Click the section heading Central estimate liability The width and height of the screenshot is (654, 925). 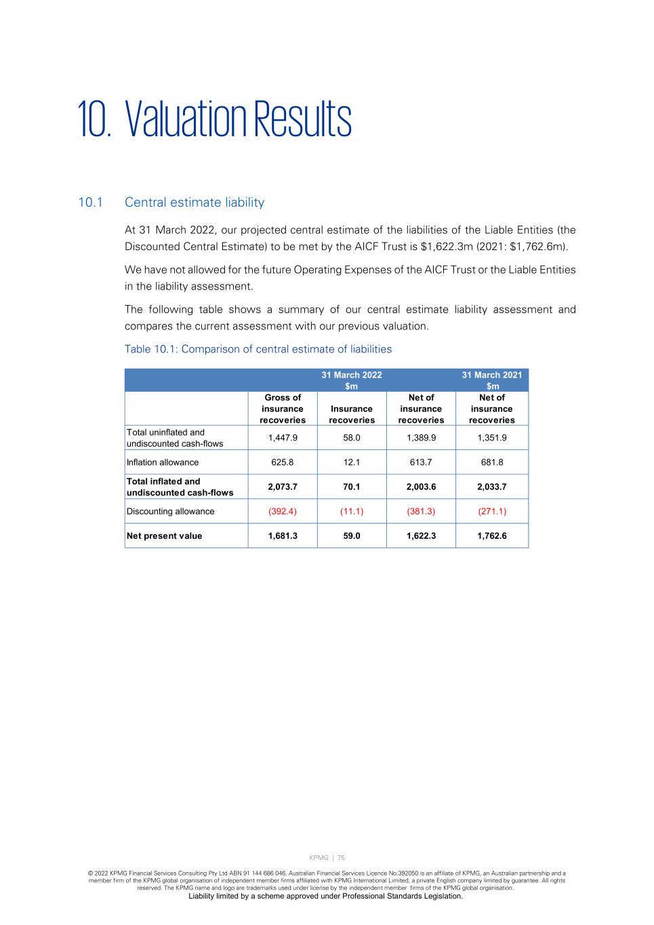click(195, 203)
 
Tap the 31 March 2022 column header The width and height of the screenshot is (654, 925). click(351, 380)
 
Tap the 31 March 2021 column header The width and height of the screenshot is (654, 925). click(492, 380)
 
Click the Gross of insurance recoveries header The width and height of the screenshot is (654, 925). click(283, 409)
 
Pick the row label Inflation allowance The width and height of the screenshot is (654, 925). click(163, 462)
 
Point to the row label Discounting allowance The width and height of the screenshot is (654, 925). click(170, 511)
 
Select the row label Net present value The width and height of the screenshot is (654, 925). click(164, 535)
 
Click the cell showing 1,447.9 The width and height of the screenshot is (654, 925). click(283, 438)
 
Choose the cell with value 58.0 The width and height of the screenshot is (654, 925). click(351, 438)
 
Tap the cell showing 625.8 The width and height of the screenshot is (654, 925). click(283, 462)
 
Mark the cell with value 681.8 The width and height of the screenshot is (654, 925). click(492, 462)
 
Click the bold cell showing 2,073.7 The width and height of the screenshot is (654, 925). click(283, 487)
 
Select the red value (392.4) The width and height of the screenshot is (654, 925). click(283, 511)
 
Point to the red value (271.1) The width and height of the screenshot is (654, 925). click(492, 511)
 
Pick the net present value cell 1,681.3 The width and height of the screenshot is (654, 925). click(283, 535)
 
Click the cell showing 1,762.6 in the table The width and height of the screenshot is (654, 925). click(492, 535)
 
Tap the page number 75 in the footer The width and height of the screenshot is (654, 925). click(341, 858)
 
